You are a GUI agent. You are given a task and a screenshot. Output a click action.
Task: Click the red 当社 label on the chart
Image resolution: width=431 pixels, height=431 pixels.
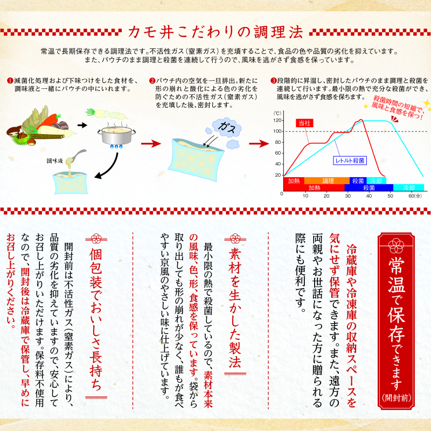click(x=304, y=123)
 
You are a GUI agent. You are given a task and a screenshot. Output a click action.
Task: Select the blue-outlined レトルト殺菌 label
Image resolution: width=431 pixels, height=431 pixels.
click(x=350, y=161)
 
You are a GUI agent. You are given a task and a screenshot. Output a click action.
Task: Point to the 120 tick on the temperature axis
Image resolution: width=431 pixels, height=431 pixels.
click(x=277, y=120)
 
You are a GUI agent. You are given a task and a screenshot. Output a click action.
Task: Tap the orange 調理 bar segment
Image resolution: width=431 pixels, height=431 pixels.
click(x=327, y=180)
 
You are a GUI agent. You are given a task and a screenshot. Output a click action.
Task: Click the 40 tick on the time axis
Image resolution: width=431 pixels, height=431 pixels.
click(x=369, y=196)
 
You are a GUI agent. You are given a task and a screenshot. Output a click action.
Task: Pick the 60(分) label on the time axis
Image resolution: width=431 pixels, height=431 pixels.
click(x=415, y=196)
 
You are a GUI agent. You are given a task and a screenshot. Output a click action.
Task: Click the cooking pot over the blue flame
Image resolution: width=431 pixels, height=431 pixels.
click(x=116, y=136)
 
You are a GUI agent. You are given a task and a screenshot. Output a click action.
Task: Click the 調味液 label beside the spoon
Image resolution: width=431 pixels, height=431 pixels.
click(x=55, y=161)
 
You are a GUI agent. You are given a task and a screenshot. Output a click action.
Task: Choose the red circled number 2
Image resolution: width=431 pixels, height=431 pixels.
click(x=152, y=81)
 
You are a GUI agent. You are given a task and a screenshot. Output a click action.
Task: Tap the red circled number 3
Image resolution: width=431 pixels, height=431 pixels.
click(x=273, y=81)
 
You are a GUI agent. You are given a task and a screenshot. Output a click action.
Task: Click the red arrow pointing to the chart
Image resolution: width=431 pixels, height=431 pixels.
click(x=259, y=143)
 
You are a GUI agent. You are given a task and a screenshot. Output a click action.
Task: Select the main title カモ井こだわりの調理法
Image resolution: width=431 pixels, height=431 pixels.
click(x=215, y=32)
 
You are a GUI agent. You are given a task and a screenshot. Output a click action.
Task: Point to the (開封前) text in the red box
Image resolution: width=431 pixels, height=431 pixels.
click(x=396, y=398)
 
